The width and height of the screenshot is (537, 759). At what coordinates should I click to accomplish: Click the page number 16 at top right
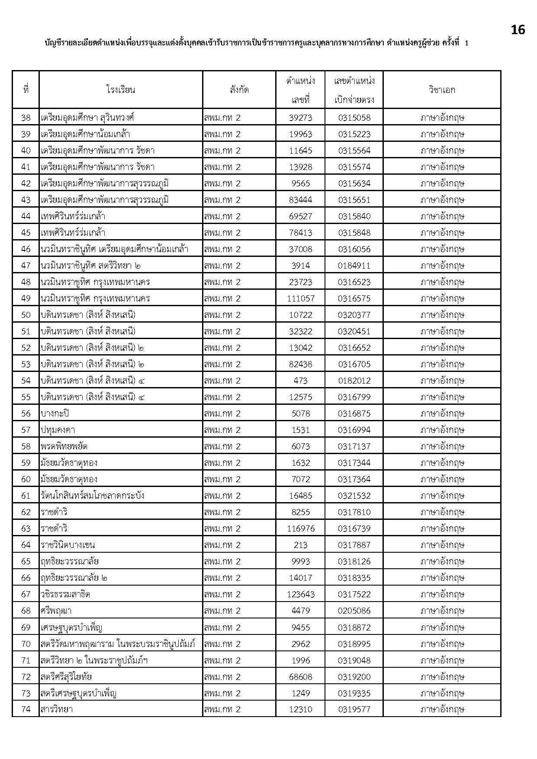[518, 30]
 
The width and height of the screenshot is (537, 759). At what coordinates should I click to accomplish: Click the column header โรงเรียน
[121, 90]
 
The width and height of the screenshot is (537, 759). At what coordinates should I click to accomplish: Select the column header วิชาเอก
[442, 90]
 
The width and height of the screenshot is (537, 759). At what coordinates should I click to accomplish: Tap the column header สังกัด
[239, 90]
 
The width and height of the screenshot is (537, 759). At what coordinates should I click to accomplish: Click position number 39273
[301, 118]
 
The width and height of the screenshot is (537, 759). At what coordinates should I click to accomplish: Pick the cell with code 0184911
[354, 266]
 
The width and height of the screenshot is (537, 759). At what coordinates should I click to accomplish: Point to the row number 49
[26, 298]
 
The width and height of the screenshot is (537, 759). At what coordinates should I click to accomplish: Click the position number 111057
[301, 298]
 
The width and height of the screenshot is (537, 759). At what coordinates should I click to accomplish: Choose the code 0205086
[354, 611]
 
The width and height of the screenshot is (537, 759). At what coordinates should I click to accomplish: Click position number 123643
[301, 594]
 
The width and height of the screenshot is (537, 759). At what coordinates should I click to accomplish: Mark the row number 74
[26, 709]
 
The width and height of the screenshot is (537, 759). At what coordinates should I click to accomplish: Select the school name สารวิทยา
[57, 709]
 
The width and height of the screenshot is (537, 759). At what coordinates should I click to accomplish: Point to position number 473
[301, 381]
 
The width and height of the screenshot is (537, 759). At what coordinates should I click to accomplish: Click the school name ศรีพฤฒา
[56, 611]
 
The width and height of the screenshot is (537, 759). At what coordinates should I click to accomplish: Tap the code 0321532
[354, 496]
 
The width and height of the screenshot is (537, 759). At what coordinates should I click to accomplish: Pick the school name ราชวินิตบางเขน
[68, 545]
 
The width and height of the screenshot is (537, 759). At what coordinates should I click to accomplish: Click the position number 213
[301, 545]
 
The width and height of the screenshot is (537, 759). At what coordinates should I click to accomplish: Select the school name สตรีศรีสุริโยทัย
[66, 676]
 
